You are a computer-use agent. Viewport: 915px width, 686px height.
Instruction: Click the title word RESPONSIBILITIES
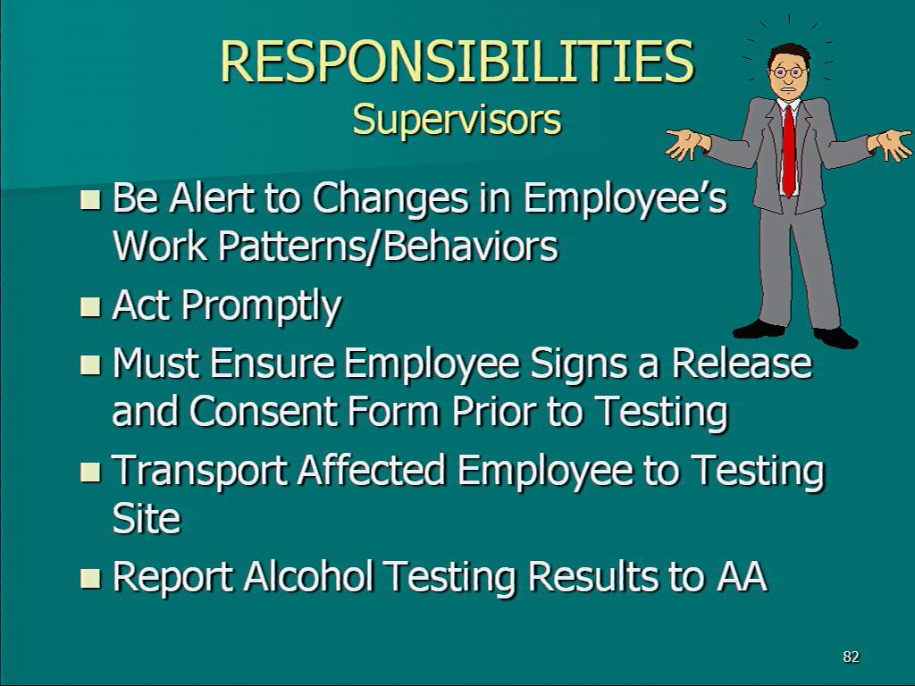click(x=457, y=62)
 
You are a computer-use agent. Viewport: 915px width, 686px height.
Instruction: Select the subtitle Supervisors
click(x=457, y=120)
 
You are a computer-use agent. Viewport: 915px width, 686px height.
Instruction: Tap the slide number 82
click(x=851, y=657)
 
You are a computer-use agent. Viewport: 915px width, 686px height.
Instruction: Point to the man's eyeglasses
click(x=788, y=72)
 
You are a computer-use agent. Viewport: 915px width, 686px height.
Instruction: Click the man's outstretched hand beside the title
click(x=687, y=143)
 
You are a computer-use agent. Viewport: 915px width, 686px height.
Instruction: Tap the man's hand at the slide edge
click(x=891, y=144)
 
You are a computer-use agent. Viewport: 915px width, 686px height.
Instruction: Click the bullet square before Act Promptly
click(x=90, y=306)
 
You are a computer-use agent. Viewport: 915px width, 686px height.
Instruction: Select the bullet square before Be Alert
click(x=90, y=199)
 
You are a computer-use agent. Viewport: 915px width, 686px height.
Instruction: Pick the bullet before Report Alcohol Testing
click(x=90, y=578)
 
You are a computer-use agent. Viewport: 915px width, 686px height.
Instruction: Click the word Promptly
click(x=261, y=306)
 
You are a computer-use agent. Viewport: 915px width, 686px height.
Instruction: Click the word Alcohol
click(x=308, y=576)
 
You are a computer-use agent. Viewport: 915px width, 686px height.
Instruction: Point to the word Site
click(x=147, y=518)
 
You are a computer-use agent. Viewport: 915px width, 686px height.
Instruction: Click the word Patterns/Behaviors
click(x=388, y=246)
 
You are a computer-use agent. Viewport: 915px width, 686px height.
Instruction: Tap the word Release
click(x=741, y=363)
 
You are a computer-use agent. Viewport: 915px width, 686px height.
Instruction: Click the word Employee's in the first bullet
click(x=625, y=199)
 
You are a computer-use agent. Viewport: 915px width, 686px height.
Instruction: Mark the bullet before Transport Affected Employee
click(x=90, y=472)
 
